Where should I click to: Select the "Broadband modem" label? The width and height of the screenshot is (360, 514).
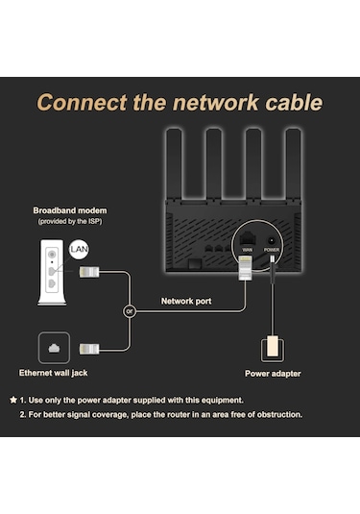[70, 209]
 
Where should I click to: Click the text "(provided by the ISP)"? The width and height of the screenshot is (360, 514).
[70, 222]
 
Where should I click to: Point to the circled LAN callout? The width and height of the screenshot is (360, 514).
[80, 251]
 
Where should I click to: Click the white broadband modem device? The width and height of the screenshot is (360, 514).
[51, 273]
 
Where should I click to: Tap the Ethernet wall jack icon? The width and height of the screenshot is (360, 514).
[51, 347]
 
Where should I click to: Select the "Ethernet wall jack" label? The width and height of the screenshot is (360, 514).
[59, 373]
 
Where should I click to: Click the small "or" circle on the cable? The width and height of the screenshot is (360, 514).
[128, 311]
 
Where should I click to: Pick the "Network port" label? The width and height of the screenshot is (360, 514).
[187, 300]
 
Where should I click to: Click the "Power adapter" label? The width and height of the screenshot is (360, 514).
[272, 374]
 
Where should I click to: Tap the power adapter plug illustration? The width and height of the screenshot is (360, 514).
[272, 345]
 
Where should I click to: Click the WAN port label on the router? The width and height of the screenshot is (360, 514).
[247, 249]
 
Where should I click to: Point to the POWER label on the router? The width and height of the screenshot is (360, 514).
[272, 249]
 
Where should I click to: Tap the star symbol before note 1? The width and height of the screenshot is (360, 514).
[12, 399]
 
